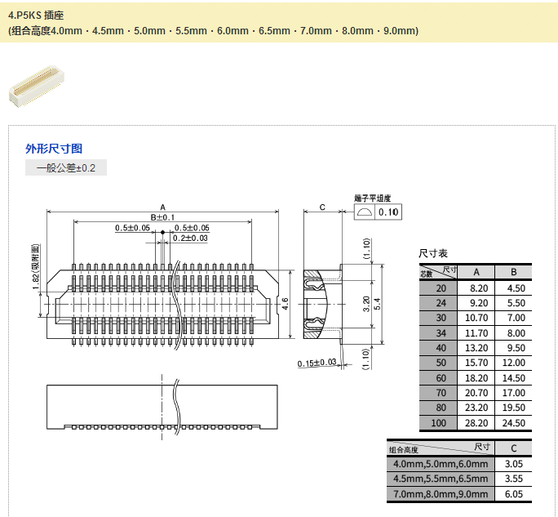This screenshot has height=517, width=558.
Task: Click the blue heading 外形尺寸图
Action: [x=54, y=149]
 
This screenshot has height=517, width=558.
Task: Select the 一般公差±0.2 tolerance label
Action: [x=66, y=168]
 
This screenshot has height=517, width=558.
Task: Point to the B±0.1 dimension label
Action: [x=163, y=217]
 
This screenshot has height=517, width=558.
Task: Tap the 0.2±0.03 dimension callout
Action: [x=190, y=238]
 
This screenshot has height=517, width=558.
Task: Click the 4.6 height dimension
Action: [x=286, y=304]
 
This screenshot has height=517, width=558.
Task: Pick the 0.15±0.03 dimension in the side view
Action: [x=317, y=363]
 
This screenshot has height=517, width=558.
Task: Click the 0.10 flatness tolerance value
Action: [x=389, y=212]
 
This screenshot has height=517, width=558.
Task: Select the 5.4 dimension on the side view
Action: [x=377, y=304]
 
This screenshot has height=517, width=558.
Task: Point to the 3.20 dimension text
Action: [x=366, y=304]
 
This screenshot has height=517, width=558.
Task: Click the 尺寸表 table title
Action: [x=433, y=254]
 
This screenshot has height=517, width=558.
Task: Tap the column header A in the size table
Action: [x=476, y=272]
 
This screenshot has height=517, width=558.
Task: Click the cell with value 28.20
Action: [x=476, y=423]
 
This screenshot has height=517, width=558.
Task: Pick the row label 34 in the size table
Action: [x=441, y=332]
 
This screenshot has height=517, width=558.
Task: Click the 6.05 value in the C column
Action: [x=513, y=494]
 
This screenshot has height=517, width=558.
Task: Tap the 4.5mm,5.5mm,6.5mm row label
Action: [x=441, y=479]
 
